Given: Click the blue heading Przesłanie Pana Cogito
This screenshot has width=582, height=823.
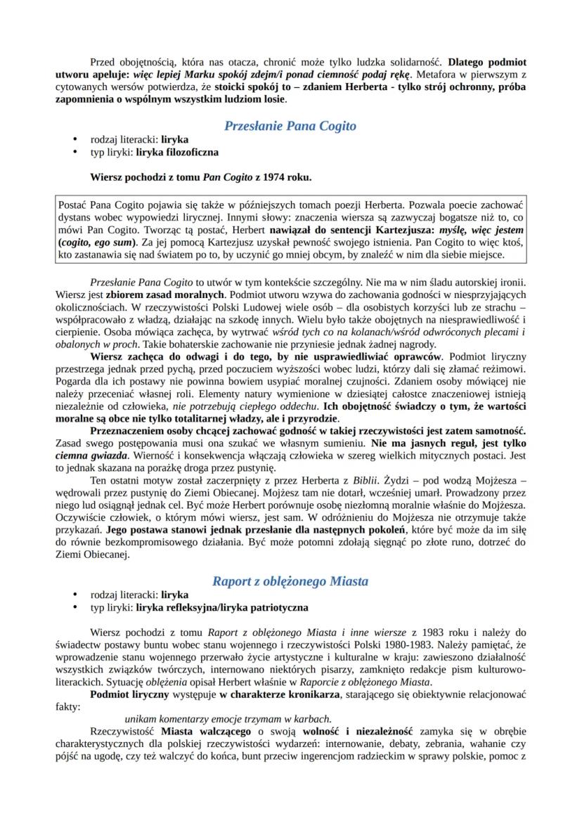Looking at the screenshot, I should (290, 127).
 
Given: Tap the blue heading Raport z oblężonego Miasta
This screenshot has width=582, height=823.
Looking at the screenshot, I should (290, 581).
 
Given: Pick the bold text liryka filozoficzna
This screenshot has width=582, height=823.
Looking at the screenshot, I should (177, 152).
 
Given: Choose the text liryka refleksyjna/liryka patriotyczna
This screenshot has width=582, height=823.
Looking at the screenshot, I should (222, 607).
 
